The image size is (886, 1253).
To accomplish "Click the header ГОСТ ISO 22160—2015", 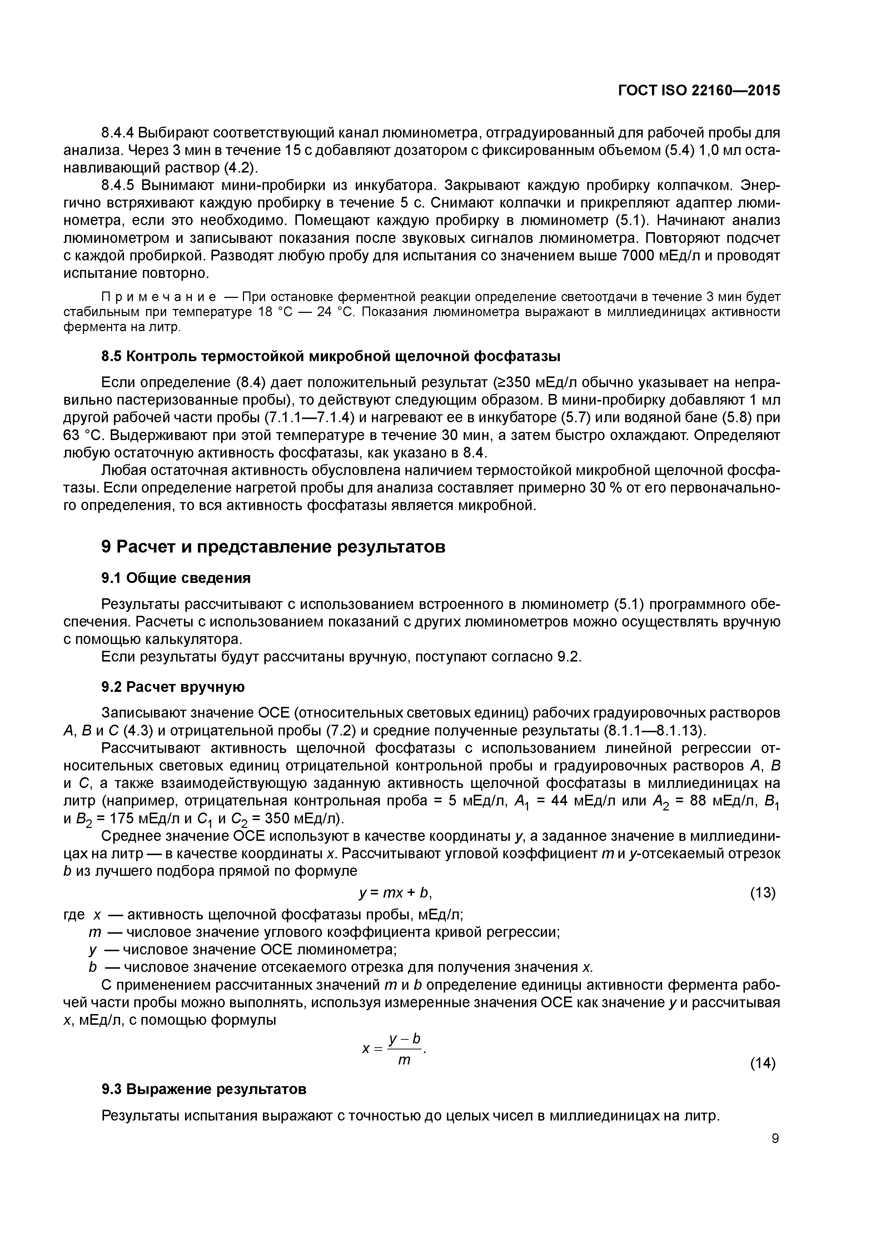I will point(699,91).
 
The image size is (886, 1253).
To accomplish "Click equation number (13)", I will point(763,893).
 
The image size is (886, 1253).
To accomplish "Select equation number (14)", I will point(763,1063).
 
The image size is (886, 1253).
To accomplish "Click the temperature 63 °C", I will point(81,435).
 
